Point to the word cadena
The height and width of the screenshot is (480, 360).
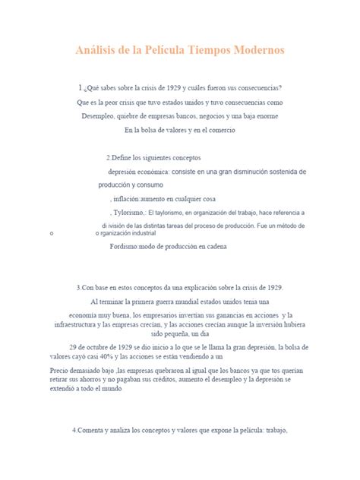[223, 247]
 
